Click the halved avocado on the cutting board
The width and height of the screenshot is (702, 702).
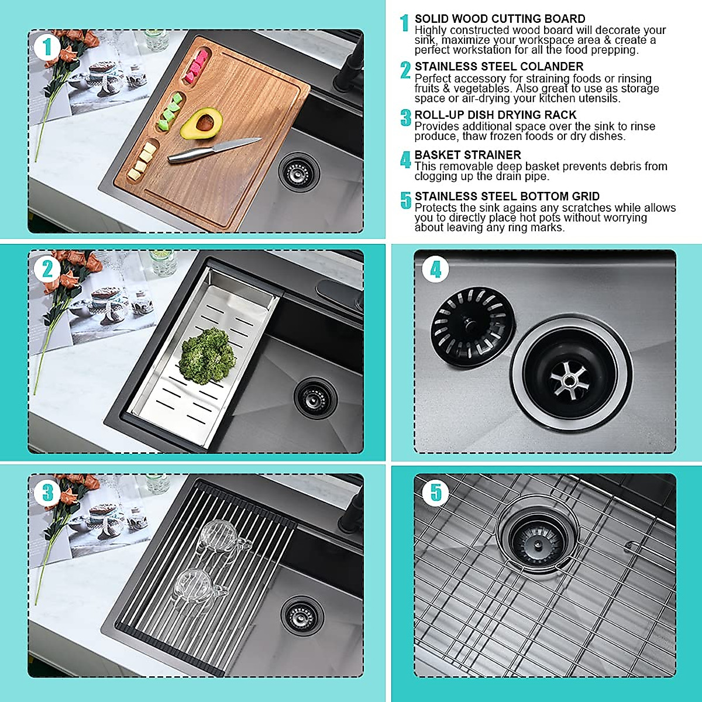(x=201, y=123)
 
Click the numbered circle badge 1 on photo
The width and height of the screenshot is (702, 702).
(x=47, y=47)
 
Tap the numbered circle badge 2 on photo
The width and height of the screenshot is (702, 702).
(x=47, y=269)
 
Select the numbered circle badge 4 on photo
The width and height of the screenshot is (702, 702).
(x=435, y=269)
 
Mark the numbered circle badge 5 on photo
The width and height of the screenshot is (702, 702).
(x=435, y=492)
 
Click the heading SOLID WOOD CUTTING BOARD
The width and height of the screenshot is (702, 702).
(x=500, y=19)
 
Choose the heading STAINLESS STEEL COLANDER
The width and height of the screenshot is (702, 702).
(x=498, y=67)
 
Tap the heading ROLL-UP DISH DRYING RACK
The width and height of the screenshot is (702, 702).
(x=495, y=115)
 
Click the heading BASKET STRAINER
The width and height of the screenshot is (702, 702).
(x=467, y=155)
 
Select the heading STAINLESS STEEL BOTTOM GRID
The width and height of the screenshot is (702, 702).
(x=507, y=197)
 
